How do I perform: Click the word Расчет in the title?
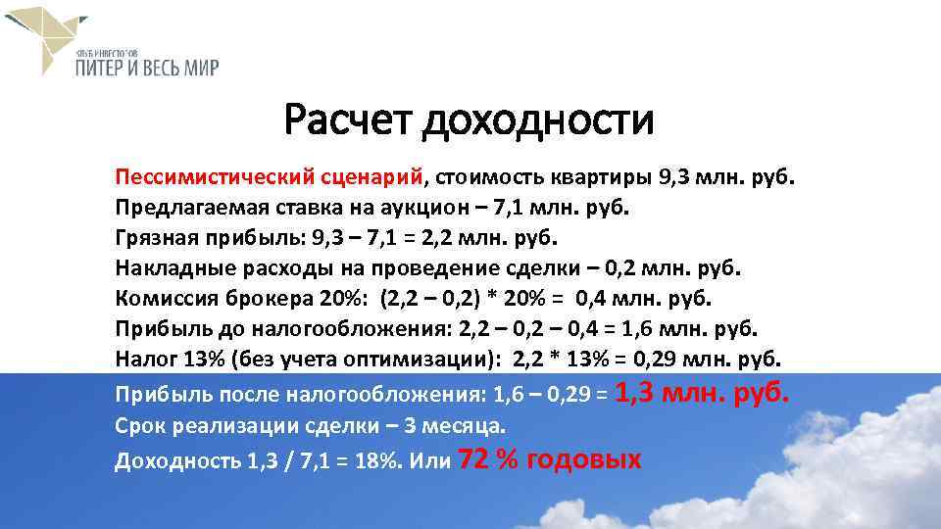click(x=348, y=121)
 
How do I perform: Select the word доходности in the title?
click(x=538, y=121)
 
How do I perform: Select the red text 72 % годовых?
click(x=550, y=459)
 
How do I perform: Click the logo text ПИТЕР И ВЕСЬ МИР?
click(x=146, y=68)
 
